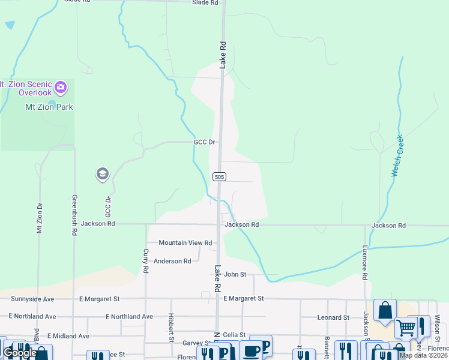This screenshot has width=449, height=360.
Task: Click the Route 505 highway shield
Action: click(x=219, y=176)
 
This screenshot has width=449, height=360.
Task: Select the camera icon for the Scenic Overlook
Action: click(x=60, y=88)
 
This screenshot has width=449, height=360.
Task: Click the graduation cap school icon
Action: click(x=102, y=175)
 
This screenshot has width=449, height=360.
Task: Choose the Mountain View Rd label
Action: click(x=185, y=243)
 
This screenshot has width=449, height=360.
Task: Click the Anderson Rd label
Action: click(x=172, y=261)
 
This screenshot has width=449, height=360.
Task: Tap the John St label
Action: click(x=235, y=274)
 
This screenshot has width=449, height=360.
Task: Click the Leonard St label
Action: click(x=334, y=317)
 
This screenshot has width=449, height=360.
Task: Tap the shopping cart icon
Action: click(x=406, y=328)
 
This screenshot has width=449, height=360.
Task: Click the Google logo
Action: click(x=20, y=353)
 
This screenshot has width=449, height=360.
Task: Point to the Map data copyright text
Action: click(x=424, y=355)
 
